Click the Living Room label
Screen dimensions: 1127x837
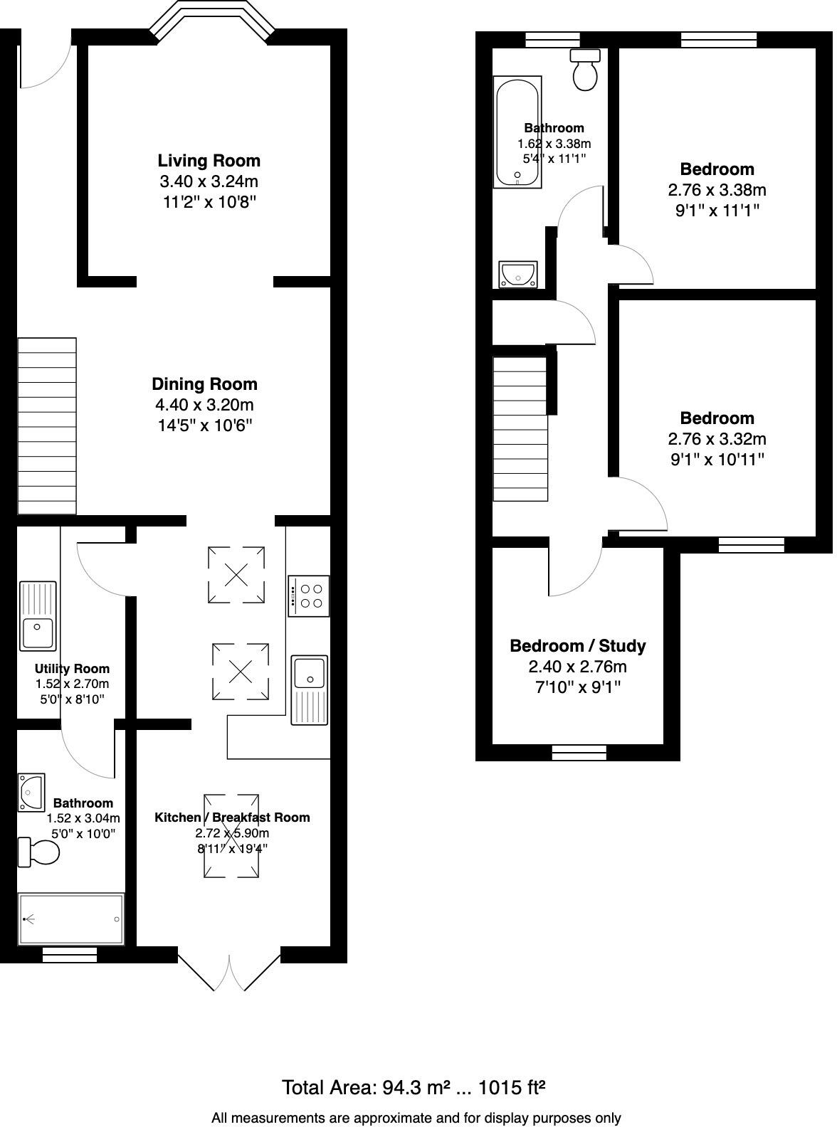pos(209,160)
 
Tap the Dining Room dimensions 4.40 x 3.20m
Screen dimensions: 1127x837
pos(204,405)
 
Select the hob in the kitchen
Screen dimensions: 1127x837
pos(309,596)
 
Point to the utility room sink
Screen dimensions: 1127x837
pos(38,616)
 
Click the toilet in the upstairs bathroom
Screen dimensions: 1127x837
pos(586,70)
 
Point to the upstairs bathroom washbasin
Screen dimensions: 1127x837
pos(518,274)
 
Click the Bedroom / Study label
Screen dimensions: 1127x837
pos(577,646)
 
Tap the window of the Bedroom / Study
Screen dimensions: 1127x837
pos(579,752)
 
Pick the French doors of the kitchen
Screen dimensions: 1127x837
pos(229,971)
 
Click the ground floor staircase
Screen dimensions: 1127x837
pos(47,425)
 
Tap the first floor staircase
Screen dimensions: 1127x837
pos(520,428)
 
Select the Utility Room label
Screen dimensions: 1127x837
pos(72,669)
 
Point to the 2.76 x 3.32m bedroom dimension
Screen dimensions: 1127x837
pos(717,439)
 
